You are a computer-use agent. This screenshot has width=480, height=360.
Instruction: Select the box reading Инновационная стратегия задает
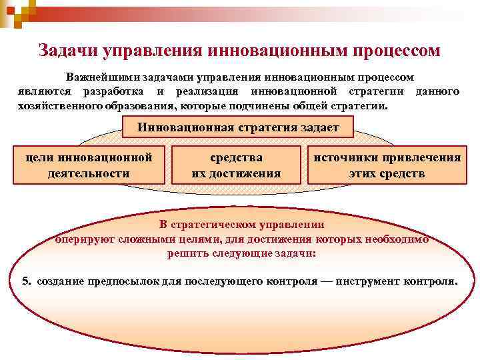coord(239,127)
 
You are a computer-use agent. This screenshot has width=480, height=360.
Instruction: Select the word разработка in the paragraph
coord(114,91)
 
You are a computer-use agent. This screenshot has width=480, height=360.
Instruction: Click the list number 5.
coord(25,281)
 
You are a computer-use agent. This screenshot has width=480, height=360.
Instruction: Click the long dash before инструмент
coord(325,281)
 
